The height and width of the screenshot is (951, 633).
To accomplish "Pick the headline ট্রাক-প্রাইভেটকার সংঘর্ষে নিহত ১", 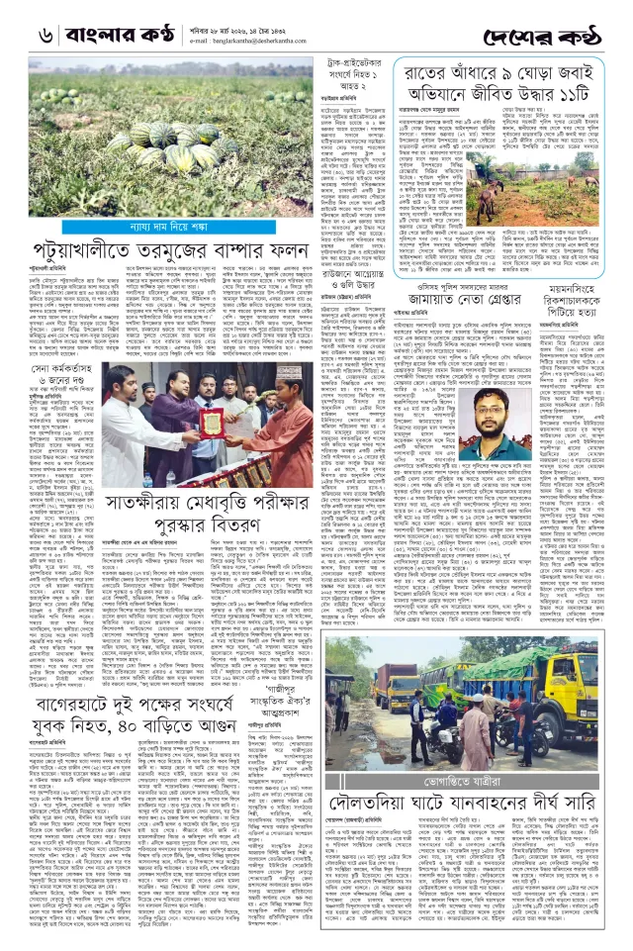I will point(346,73).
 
